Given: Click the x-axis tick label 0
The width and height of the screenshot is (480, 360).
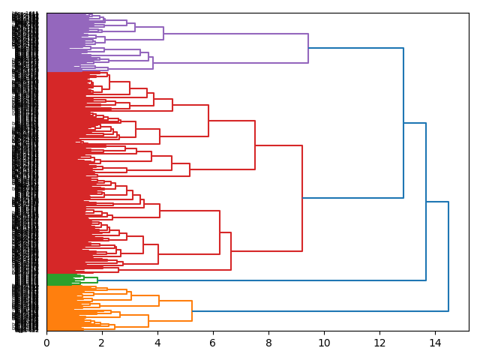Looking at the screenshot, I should [x=46, y=343].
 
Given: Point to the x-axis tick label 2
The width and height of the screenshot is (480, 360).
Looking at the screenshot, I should [x=102, y=343].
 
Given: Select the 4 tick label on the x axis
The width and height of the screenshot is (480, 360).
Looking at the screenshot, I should [x=157, y=343].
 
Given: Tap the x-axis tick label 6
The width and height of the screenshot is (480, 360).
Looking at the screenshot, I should [x=213, y=343].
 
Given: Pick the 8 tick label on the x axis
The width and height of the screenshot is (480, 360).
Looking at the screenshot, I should [x=268, y=343].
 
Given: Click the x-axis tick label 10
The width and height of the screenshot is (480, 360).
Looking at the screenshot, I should [x=324, y=343].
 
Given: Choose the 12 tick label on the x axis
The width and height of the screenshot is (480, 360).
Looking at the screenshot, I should [x=379, y=343].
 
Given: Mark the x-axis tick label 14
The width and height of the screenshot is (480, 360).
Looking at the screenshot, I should [x=435, y=343].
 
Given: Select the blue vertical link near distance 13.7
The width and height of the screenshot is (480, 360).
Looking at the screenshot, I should [x=426, y=202].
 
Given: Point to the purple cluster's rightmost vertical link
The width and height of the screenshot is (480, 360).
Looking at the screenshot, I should [x=308, y=48].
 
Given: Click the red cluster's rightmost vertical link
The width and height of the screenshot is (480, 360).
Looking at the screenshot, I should [x=302, y=198].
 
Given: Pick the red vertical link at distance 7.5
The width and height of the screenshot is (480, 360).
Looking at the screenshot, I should [x=255, y=145].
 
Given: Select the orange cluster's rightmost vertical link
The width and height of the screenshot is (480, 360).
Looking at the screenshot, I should [x=192, y=310].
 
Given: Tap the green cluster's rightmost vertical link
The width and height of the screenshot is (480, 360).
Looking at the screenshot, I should [x=97, y=280].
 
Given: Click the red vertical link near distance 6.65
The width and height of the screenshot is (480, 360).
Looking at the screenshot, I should [x=231, y=251].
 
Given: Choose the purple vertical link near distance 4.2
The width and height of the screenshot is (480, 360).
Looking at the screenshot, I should [x=163, y=33].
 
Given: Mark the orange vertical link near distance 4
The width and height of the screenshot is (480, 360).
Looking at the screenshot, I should [x=159, y=301].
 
